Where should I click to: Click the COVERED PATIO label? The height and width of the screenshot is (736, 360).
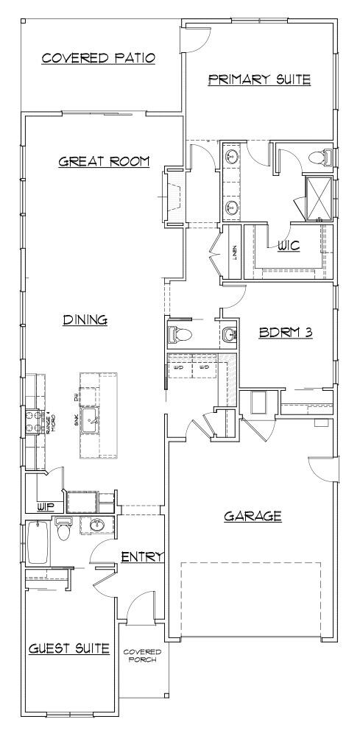click(98, 58)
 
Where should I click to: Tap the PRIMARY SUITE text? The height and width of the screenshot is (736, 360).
click(259, 79)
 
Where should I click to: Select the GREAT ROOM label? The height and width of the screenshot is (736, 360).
click(104, 161)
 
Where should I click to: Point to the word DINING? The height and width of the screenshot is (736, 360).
click(85, 319)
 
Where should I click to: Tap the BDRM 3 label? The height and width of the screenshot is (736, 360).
click(286, 332)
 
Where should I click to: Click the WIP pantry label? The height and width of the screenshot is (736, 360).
click(46, 507)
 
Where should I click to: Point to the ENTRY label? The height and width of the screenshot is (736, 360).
click(141, 557)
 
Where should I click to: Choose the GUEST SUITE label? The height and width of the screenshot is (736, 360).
click(69, 648)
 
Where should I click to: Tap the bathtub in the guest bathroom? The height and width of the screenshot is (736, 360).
click(37, 542)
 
